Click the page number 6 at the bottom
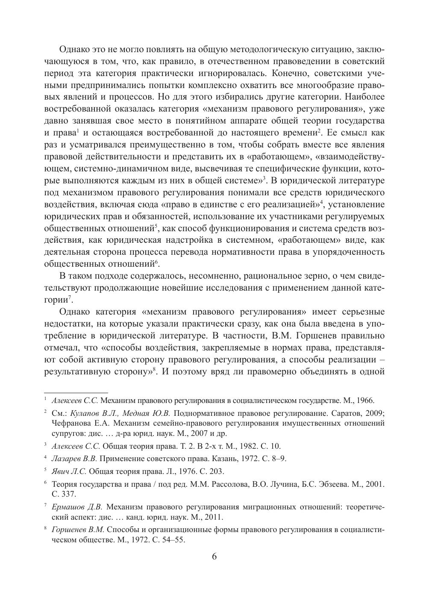click(214, 556)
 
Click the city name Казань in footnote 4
click(220, 459)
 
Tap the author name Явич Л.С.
click(69, 471)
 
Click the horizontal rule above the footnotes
click(76, 392)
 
